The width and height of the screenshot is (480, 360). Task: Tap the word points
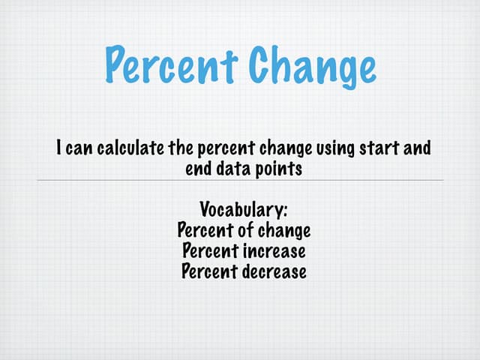tap(279, 168)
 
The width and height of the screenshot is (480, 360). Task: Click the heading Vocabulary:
tap(244, 208)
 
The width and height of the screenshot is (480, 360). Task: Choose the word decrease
tap(274, 270)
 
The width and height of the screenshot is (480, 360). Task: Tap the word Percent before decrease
tap(209, 270)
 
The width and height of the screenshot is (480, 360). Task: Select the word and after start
tap(417, 148)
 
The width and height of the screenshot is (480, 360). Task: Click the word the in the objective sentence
tap(180, 148)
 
